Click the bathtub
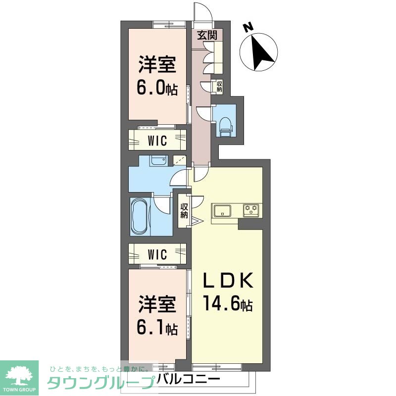pyautogui.click(x=139, y=217)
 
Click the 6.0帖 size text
pyautogui.click(x=157, y=89)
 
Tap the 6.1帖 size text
pyautogui.click(x=157, y=328)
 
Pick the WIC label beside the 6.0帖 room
pyautogui.click(x=157, y=140)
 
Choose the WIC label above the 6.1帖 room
pyautogui.click(x=157, y=255)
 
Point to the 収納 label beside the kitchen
pyautogui.click(x=184, y=211)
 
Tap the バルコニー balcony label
pyautogui.click(x=189, y=380)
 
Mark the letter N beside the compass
pyautogui.click(x=249, y=28)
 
